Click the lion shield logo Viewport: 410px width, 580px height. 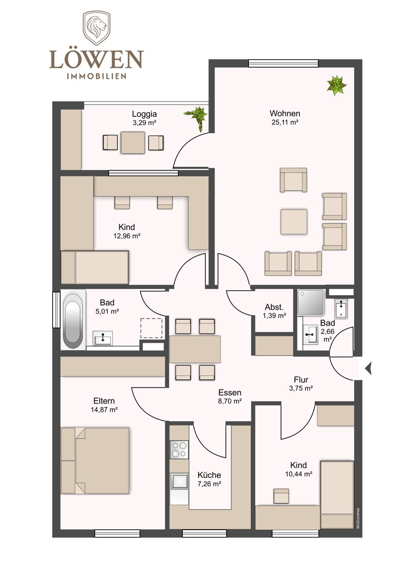[96, 28]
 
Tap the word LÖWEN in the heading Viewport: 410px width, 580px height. [96, 59]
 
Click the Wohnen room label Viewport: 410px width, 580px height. [285, 114]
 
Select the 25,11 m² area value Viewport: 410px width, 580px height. [285, 122]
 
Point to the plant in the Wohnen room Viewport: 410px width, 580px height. [337, 85]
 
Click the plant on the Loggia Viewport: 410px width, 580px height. [197, 117]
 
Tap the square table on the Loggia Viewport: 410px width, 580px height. [133, 143]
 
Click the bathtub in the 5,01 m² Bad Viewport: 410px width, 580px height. [73, 320]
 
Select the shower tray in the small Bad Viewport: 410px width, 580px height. [311, 302]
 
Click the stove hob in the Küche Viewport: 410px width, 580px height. [179, 449]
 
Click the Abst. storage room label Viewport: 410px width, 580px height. [274, 307]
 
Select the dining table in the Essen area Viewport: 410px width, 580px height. [195, 349]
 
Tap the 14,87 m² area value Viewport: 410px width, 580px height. [104, 410]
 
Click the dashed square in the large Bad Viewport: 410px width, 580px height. [151, 328]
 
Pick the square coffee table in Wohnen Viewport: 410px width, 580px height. [294, 222]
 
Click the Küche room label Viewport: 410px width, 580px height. [209, 475]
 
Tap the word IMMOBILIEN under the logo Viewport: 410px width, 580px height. [97, 76]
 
